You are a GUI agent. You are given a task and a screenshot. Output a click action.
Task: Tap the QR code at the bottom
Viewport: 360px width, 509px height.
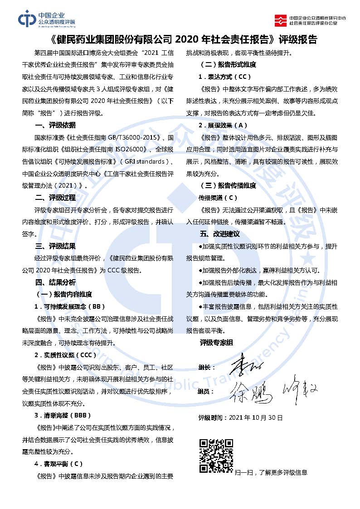(216, 456)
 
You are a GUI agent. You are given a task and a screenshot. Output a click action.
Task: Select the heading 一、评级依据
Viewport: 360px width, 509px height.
(55, 126)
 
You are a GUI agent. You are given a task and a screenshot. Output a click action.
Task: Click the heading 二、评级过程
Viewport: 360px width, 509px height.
(55, 198)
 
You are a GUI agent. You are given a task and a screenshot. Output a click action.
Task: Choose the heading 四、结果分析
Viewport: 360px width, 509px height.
(55, 282)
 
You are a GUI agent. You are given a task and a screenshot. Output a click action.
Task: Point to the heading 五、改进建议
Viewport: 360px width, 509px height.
(220, 234)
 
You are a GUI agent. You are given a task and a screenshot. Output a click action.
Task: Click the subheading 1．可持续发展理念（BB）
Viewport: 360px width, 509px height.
(70, 306)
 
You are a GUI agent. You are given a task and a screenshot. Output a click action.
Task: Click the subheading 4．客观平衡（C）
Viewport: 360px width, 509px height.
(59, 464)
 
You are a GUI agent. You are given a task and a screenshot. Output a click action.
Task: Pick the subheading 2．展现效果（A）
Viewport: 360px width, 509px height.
(223, 125)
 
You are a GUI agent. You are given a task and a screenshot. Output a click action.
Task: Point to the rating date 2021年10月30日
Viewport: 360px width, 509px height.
(257, 417)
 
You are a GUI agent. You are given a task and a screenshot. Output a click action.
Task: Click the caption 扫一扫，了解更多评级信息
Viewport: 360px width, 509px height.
(271, 472)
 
